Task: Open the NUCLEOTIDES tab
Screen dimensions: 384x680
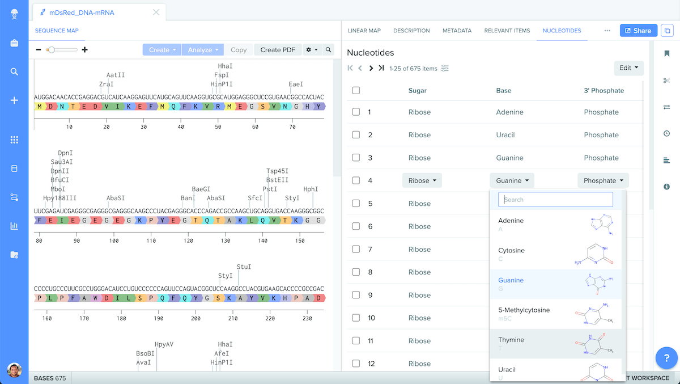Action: click(562, 31)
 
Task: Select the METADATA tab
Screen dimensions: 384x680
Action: click(457, 31)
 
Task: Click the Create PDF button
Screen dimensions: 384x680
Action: click(278, 50)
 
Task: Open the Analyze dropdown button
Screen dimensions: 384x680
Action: click(203, 50)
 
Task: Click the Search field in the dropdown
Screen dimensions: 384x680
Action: click(555, 200)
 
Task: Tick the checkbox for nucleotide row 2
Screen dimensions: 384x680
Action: click(356, 135)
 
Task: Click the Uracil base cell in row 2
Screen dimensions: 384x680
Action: click(505, 135)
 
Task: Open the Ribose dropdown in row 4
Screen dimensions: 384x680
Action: click(422, 180)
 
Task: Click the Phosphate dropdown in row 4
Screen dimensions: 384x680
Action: click(603, 180)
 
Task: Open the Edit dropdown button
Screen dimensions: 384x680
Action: click(628, 68)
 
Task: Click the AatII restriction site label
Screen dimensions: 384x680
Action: click(116, 75)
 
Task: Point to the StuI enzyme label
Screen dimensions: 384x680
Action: click(244, 267)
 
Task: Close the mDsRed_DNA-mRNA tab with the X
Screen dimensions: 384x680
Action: click(156, 12)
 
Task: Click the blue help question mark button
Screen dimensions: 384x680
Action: click(666, 358)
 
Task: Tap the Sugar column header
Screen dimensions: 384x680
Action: click(418, 90)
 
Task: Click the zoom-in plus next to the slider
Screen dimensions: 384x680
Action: click(85, 50)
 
